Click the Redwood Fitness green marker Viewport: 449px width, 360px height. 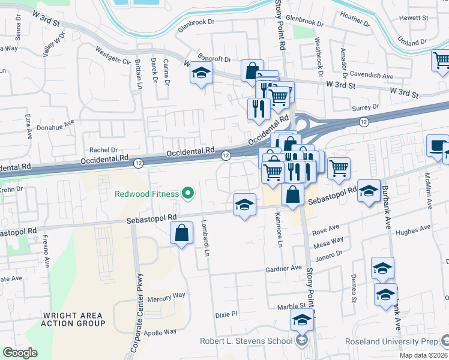pos(188,193)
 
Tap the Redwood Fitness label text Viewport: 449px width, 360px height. pos(147,194)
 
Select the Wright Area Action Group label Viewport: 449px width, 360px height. pos(73,319)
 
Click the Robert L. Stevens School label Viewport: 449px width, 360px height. pos(247,341)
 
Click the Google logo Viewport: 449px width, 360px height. pos(20,353)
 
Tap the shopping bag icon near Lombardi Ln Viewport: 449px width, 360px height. pos(182,233)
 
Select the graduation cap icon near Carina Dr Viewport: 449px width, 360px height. pos(202,74)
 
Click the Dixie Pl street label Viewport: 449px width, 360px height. pos(227,314)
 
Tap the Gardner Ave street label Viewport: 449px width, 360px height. pos(285,268)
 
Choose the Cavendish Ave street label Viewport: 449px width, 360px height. pos(372,76)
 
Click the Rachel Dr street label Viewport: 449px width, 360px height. pos(103,149)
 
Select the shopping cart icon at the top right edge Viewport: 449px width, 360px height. pos(441,60)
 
